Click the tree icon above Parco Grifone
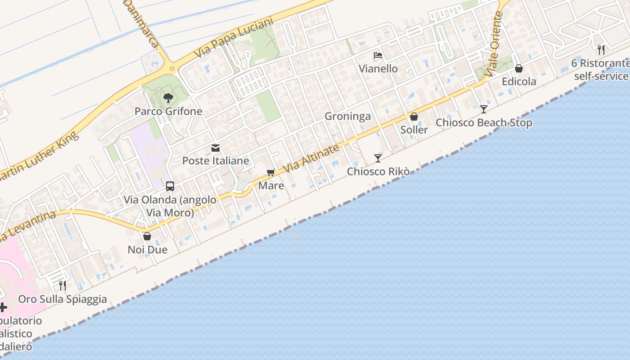pos(168,98)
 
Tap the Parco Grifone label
pos(169,111)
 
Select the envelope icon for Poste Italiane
pos(216,148)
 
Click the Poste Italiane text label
pos(216,161)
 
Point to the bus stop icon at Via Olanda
pos(170,186)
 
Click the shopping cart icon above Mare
pos(271,173)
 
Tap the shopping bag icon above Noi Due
pos(147,236)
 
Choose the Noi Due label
pos(148,250)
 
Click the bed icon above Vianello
pos(378,56)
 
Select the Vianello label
pos(378,69)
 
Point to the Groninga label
pos(348,117)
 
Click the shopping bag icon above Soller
pos(414,117)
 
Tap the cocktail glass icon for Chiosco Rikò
pos(378,158)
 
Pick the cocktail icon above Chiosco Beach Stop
pos(483,109)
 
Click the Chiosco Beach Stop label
pos(484,123)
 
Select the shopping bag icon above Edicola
pos(519,68)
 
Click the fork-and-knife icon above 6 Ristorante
pos(601,49)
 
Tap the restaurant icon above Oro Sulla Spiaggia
pos(63,285)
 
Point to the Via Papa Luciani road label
pos(234,38)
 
